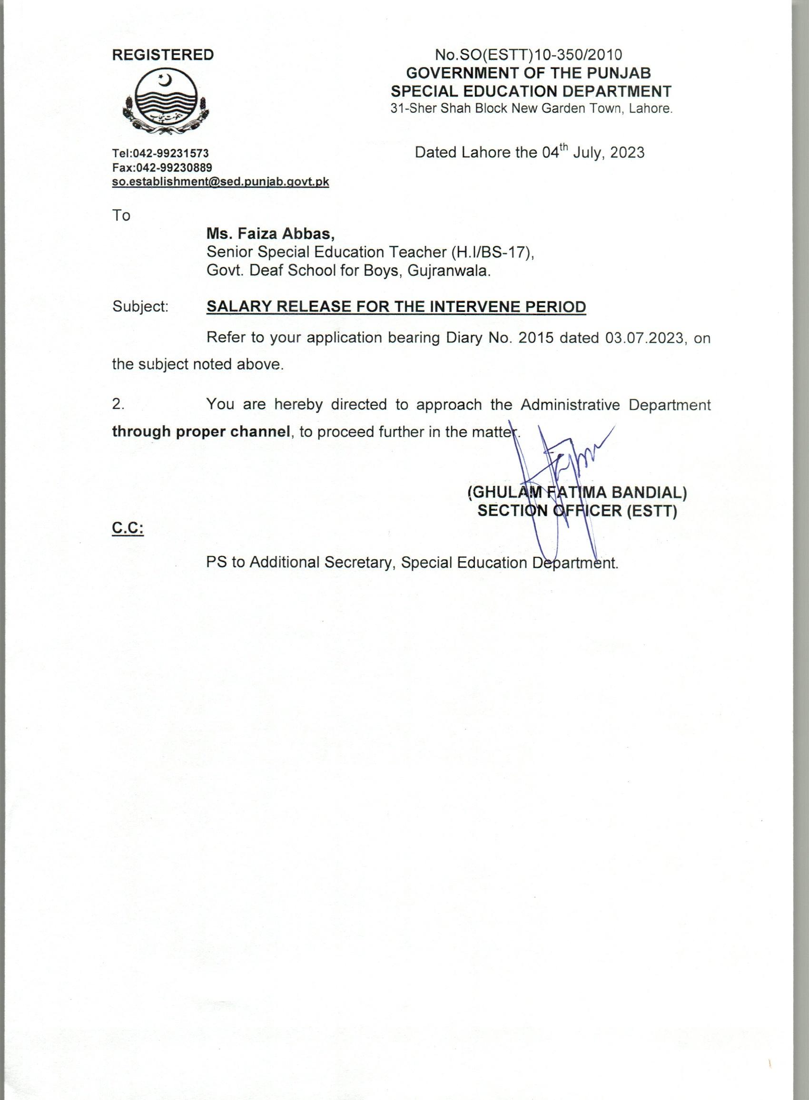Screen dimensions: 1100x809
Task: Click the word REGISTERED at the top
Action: (163, 55)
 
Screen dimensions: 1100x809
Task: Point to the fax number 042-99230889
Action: (174, 168)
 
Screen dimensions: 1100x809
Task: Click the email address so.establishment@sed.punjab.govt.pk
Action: (220, 182)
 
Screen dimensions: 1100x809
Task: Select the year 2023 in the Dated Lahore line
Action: (627, 153)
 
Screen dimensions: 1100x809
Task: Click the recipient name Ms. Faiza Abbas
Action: (270, 234)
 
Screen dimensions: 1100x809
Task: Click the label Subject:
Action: (140, 307)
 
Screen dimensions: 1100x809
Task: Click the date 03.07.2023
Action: (643, 338)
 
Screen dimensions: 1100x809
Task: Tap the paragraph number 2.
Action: (118, 404)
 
